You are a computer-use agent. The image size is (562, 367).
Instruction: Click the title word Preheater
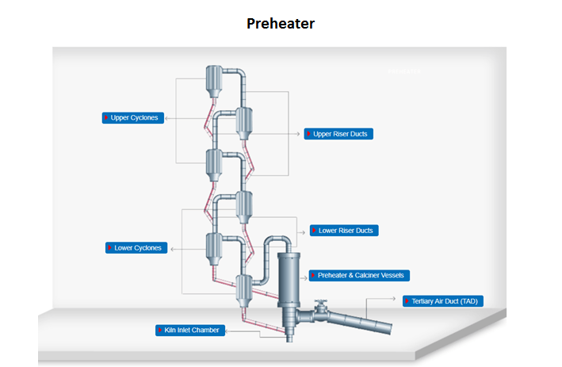[280, 23]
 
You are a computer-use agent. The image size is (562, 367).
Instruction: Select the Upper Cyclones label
[133, 118]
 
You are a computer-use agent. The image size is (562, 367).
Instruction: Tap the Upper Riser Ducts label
[338, 134]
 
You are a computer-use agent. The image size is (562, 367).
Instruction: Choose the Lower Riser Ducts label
[343, 231]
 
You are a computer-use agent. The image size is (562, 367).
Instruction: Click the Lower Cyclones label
[136, 248]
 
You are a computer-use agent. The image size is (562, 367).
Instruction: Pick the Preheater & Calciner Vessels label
[358, 276]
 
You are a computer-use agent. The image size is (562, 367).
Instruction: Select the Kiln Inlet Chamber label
[190, 330]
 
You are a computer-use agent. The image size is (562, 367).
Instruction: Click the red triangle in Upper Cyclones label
[107, 118]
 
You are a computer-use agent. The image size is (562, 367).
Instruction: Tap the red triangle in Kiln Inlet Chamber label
[160, 330]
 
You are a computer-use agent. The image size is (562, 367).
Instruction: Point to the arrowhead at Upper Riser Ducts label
[300, 134]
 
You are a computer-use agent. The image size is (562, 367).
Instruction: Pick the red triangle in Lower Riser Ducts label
[314, 231]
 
